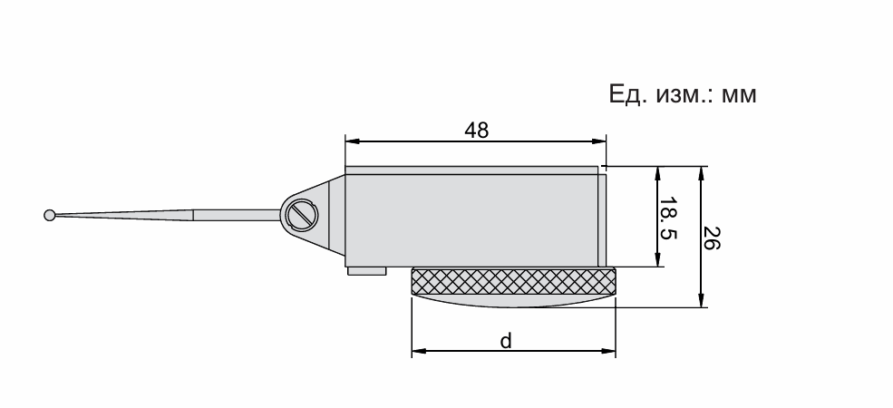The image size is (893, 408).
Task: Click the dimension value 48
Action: [x=477, y=131]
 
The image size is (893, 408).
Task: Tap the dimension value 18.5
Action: [x=668, y=219]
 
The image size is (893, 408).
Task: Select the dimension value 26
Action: [x=711, y=238]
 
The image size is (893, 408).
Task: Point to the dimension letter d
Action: [x=506, y=341]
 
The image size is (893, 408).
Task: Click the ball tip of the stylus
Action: [x=50, y=216]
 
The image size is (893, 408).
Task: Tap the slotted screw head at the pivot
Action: [x=303, y=216]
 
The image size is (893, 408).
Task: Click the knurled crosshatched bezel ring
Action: [x=513, y=281]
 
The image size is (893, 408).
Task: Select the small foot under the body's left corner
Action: [x=367, y=271]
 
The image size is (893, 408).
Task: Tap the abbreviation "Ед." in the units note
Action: [x=628, y=94]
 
